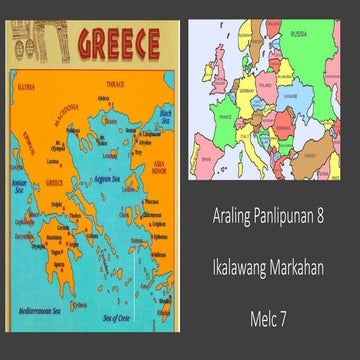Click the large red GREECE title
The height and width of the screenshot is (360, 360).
click(119, 44)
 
